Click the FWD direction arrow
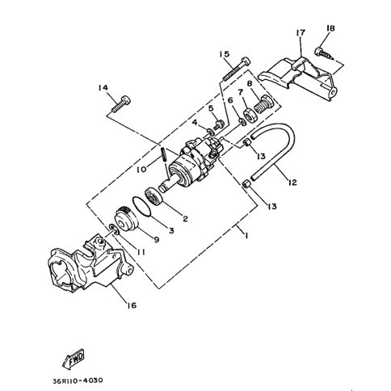point(74,359)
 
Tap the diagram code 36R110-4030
point(78,380)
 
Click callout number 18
point(330,28)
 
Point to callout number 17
point(301,32)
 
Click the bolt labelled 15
point(236,69)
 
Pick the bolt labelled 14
point(121,103)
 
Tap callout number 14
point(103,87)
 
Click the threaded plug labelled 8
point(263,104)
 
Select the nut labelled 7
point(249,116)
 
